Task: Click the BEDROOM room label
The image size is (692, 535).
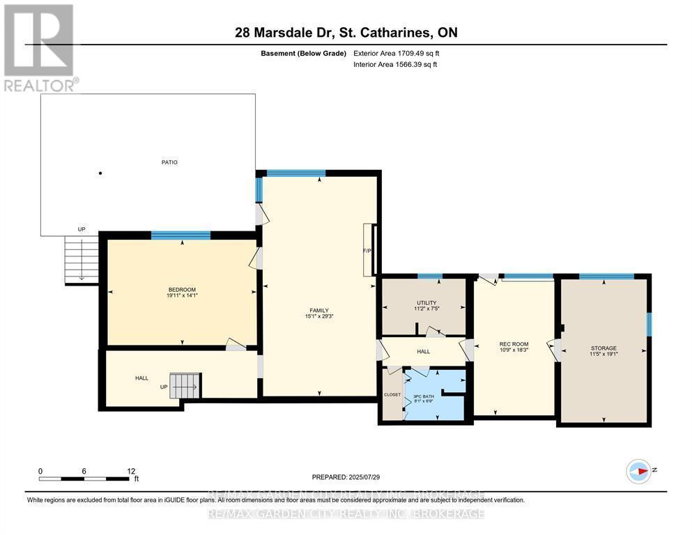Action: click(181, 290)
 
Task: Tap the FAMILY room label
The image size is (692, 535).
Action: click(319, 311)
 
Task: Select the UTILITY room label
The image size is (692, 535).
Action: click(426, 302)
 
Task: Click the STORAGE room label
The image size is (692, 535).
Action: click(603, 348)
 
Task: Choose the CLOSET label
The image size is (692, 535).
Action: click(392, 395)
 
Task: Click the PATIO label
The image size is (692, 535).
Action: click(169, 162)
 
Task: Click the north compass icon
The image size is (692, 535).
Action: click(638, 472)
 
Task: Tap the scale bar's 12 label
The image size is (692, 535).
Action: click(130, 471)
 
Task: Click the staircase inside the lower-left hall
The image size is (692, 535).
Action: click(185, 385)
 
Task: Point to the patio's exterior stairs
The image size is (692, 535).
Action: click(82, 259)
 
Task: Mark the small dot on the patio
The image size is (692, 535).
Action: click(100, 173)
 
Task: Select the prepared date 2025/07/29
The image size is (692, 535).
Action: click(346, 477)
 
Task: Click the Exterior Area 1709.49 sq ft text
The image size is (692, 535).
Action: click(397, 53)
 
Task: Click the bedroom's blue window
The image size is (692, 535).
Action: click(181, 235)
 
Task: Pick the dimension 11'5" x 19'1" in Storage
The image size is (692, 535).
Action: click(603, 354)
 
